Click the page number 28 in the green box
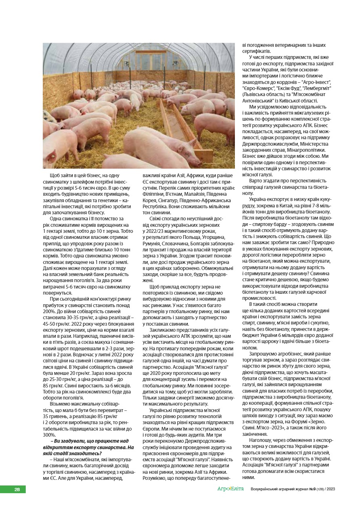coord(17,490)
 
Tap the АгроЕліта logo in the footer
coord(230,489)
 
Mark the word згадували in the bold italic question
coord(74,441)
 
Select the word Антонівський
coord(259,101)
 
